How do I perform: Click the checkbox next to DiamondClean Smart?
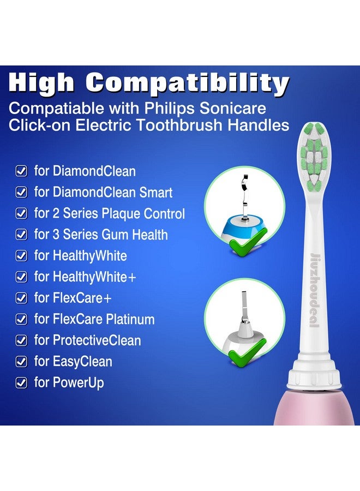pos(21,193)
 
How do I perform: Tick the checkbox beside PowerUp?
pos(21,383)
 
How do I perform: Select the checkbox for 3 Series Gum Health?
pos(21,235)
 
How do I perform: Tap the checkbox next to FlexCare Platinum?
pos(21,320)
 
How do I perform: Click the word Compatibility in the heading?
pos(187,83)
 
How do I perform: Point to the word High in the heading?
pos(42,83)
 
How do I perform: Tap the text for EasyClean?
pos(73,362)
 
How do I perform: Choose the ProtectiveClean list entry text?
pos(87,340)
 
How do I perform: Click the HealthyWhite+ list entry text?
pos(85,277)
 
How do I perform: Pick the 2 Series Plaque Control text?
pos(109,214)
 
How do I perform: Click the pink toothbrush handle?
pos(321,409)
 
